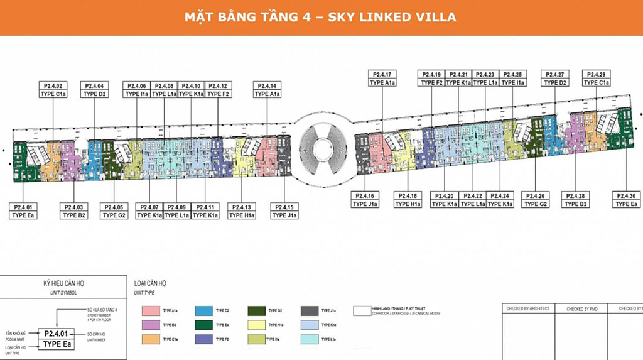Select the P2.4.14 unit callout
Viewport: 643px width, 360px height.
(x=267, y=89)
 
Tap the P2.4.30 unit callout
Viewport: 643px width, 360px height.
(x=626, y=199)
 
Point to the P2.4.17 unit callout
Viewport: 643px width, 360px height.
(x=382, y=78)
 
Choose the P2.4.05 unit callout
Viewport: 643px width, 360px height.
(x=114, y=210)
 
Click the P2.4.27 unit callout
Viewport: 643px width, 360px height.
(x=555, y=78)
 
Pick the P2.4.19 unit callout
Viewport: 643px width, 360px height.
(x=432, y=78)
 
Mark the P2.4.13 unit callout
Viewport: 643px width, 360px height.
(x=241, y=210)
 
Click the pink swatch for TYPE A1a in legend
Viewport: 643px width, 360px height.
(x=150, y=310)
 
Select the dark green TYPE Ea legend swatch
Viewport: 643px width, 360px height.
(x=203, y=325)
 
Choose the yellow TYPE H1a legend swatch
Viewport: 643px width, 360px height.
(x=257, y=325)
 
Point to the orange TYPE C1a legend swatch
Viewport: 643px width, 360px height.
(x=150, y=339)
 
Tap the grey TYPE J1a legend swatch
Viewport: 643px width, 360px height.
(x=308, y=310)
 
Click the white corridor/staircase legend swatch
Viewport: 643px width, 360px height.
(x=361, y=310)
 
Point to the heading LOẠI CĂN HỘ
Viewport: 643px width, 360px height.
(x=151, y=283)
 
